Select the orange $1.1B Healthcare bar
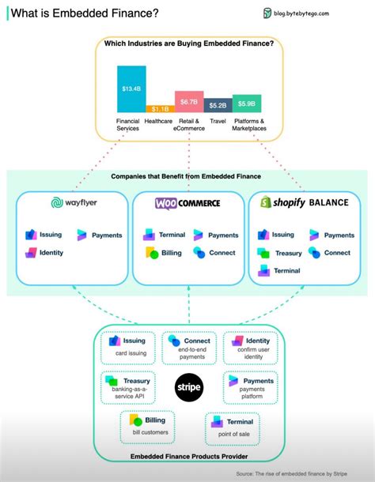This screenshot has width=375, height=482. pyautogui.click(x=160, y=108)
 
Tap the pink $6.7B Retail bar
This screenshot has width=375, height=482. pyautogui.click(x=189, y=101)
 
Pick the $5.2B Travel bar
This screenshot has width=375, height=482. pyautogui.click(x=218, y=104)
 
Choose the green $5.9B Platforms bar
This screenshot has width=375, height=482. pyautogui.click(x=247, y=103)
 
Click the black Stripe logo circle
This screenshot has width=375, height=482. pyautogui.click(x=188, y=387)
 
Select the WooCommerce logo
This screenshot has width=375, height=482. pyautogui.click(x=187, y=203)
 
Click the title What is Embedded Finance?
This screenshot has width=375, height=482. pyautogui.click(x=85, y=13)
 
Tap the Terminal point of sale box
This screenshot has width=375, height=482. pyautogui.click(x=234, y=427)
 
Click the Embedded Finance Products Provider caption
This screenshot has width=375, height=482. pyautogui.click(x=187, y=457)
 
